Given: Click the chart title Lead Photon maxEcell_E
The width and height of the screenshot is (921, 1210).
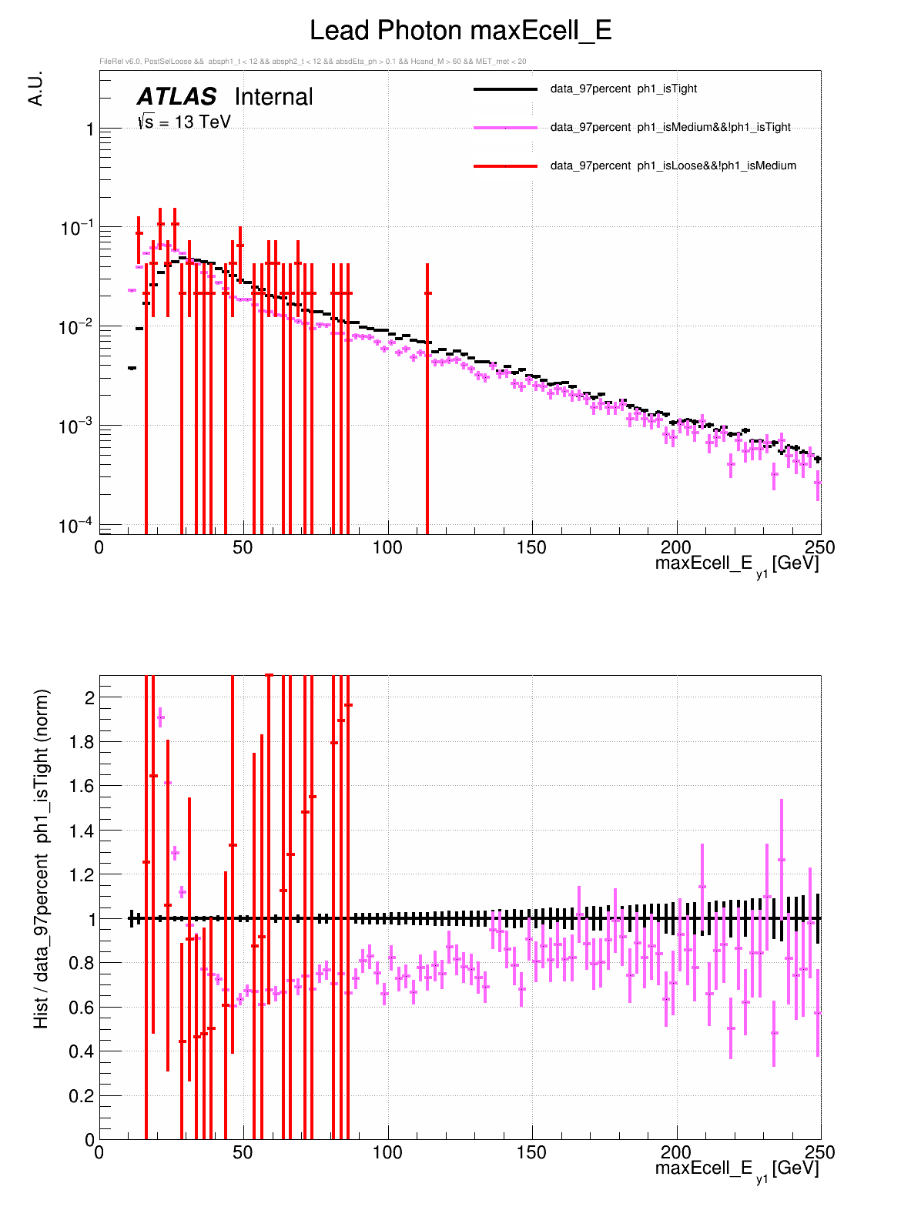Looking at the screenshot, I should [x=460, y=31].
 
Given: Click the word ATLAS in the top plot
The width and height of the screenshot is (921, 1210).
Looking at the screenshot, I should [x=176, y=97].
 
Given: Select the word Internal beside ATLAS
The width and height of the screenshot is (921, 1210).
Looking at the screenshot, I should [x=273, y=97].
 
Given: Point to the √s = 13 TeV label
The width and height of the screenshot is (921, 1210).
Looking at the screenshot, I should [x=184, y=122].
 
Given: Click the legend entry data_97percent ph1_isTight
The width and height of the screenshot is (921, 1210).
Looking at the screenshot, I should [x=623, y=89].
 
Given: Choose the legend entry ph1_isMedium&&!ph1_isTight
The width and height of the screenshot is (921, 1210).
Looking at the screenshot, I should [x=670, y=127].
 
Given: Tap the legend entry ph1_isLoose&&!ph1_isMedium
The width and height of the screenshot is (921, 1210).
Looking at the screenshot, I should [x=673, y=165].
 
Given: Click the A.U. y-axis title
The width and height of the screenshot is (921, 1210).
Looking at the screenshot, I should [x=35, y=89].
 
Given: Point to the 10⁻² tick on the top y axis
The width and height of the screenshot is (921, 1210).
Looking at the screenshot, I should [x=76, y=327].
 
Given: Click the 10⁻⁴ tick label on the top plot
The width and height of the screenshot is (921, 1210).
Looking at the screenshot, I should [x=76, y=526].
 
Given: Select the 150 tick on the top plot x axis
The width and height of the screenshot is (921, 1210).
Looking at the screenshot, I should [x=531, y=547].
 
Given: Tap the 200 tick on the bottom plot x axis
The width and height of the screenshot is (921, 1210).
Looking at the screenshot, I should [x=676, y=1152].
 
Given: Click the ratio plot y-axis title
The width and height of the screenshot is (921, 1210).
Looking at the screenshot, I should [x=41, y=858].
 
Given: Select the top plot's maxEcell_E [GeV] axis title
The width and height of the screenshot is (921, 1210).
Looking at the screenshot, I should [x=736, y=564].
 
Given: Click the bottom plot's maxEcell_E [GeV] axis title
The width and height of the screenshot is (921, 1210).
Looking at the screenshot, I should [x=736, y=1169].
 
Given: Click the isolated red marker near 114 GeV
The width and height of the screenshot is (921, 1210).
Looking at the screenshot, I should [x=427, y=293].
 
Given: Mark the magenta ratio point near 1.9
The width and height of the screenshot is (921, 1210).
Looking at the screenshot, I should [x=160, y=717].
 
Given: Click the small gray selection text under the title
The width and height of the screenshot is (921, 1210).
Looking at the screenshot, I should [x=313, y=62].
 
